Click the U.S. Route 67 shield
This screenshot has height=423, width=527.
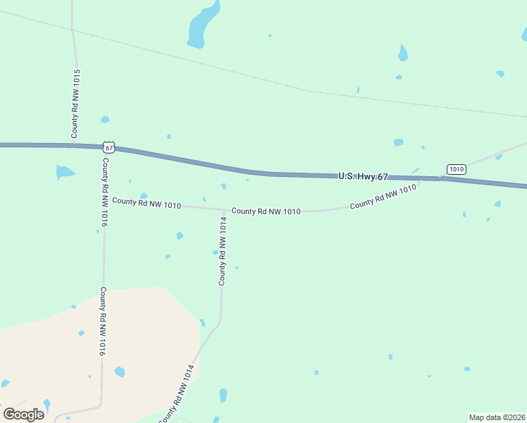[108, 147]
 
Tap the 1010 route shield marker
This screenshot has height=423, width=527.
[457, 169]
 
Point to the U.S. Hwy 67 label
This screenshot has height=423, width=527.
[363, 176]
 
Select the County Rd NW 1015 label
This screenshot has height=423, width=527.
[76, 103]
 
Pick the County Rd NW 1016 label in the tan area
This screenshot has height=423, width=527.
[103, 321]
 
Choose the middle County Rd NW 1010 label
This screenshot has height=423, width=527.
[266, 211]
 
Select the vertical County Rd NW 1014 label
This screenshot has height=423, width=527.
[222, 250]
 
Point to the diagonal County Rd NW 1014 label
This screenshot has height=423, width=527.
[177, 393]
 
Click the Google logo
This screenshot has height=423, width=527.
[23, 414]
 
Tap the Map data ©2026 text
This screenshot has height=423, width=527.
[497, 417]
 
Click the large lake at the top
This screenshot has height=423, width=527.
[203, 26]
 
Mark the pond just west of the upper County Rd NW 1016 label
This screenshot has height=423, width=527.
[64, 171]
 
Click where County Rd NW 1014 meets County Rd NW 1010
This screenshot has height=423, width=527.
[225, 210]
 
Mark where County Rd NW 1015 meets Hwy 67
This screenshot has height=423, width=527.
[74, 145]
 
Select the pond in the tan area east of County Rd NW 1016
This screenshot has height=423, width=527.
[120, 372]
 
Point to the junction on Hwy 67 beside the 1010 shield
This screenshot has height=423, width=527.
[440, 178]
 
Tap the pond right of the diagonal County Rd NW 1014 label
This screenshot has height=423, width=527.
[223, 394]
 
